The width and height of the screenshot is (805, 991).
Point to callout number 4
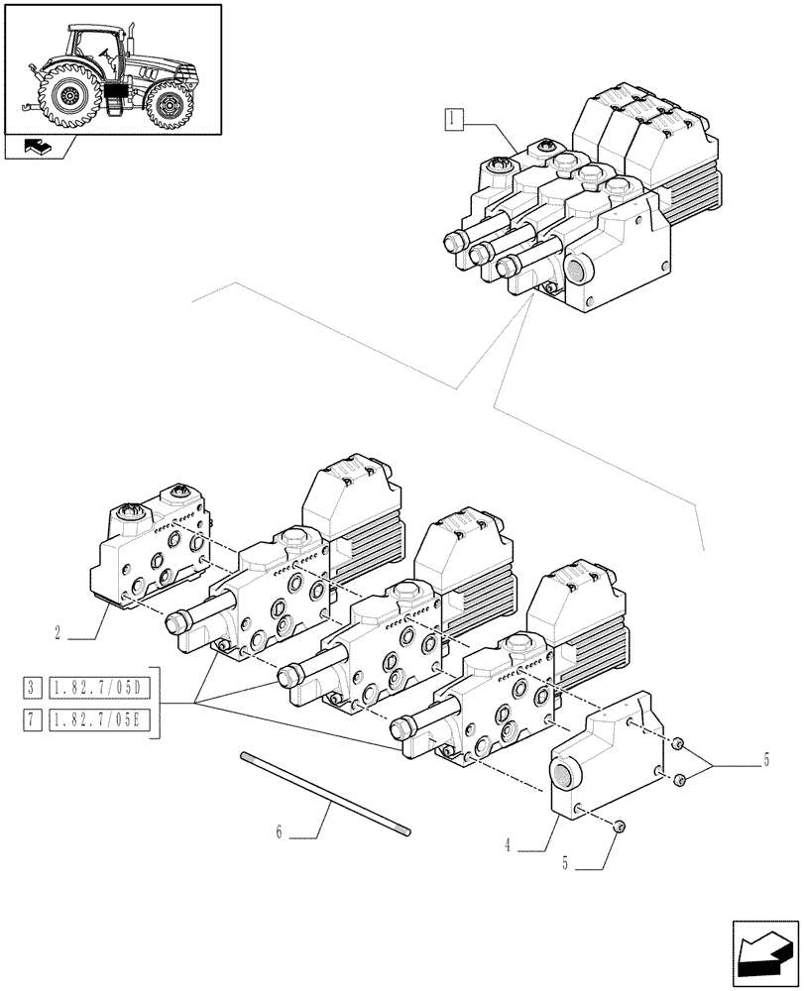point(508,845)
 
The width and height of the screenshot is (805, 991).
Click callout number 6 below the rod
point(281,832)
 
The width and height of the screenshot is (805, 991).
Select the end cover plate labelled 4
point(605,763)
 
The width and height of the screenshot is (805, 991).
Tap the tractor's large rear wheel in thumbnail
point(69,96)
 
